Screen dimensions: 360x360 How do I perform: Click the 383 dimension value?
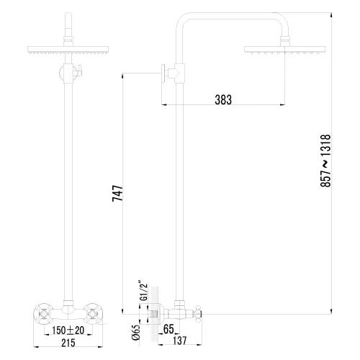(223, 100)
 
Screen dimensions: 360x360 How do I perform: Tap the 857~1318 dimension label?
(325, 161)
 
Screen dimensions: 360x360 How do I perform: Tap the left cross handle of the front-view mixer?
(42, 312)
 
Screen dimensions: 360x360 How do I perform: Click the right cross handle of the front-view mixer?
(95, 312)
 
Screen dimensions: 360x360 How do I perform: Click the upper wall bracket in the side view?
(173, 72)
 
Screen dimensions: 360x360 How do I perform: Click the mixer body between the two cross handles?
(68, 311)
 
